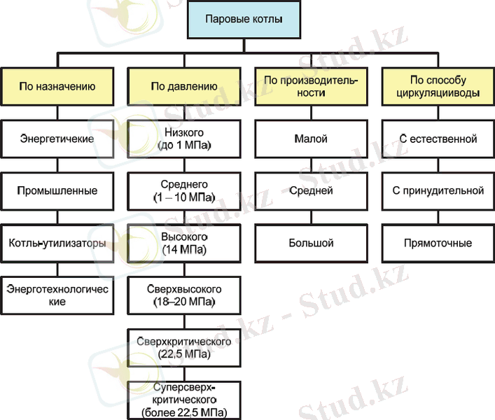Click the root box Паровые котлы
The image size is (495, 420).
click(x=244, y=22)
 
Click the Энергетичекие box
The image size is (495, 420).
click(x=57, y=138)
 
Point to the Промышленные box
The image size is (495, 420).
click(x=57, y=190)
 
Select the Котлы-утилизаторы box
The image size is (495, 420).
click(x=57, y=243)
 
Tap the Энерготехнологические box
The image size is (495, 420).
click(x=57, y=295)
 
